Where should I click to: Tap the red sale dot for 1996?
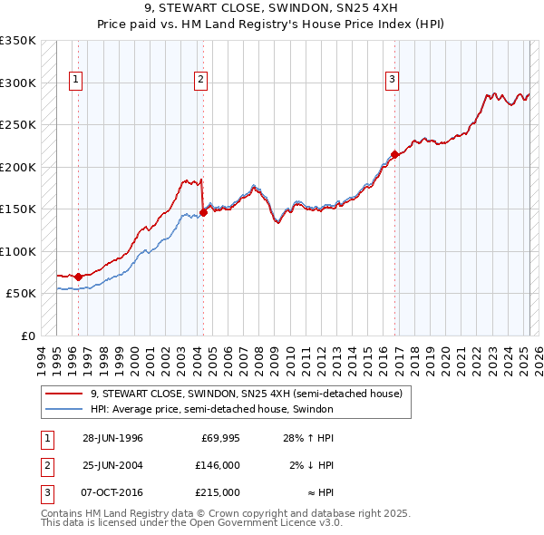click(78, 277)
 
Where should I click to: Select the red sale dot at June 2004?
click(203, 212)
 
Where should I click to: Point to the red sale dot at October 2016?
click(394, 154)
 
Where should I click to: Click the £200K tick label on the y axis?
click(18, 167)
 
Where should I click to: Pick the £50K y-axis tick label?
click(22, 294)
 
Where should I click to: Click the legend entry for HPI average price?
click(212, 409)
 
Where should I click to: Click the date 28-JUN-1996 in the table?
click(112, 438)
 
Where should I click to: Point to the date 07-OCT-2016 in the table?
click(112, 492)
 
